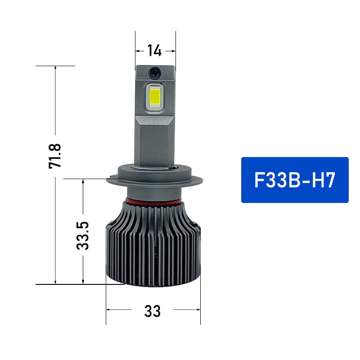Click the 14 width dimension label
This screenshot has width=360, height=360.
click(154, 51)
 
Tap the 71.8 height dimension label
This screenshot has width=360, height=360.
click(55, 156)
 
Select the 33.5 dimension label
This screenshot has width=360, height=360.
click(83, 235)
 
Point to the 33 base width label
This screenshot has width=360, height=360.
click(153, 310)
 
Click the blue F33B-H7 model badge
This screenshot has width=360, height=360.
click(295, 180)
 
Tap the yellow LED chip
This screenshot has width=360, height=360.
click(155, 97)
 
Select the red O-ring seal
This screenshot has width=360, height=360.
click(153, 199)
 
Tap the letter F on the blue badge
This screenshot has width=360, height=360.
click(261, 180)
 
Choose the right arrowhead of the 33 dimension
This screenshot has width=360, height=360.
click(198, 310)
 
